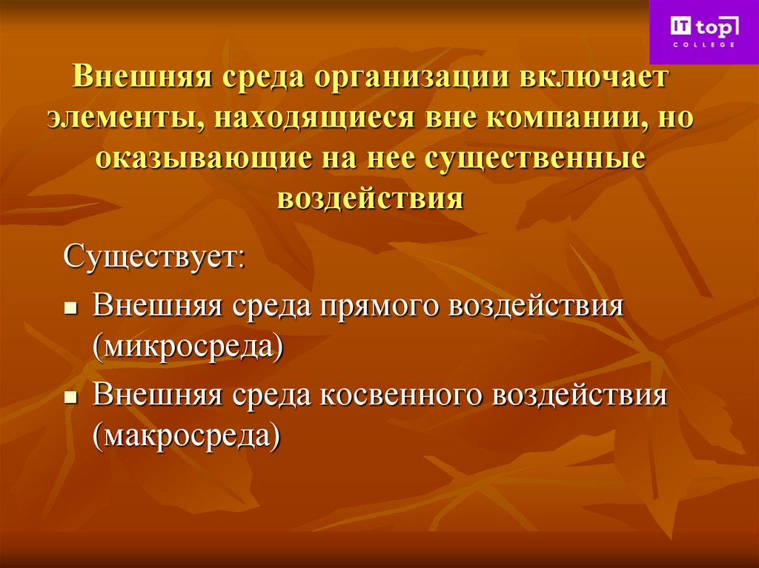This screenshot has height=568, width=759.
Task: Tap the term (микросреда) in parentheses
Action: (188, 346)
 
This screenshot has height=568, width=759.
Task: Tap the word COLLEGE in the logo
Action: (704, 45)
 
